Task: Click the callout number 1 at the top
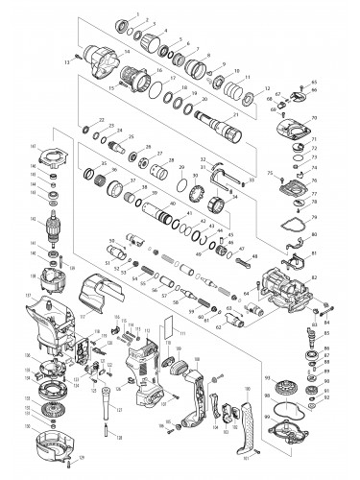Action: tap(137, 13)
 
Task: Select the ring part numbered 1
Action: tap(122, 23)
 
